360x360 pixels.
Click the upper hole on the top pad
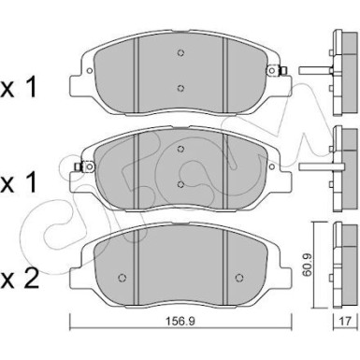tap(180, 53)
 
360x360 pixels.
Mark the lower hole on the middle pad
tap(180, 184)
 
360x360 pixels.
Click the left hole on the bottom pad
tap(124, 280)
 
